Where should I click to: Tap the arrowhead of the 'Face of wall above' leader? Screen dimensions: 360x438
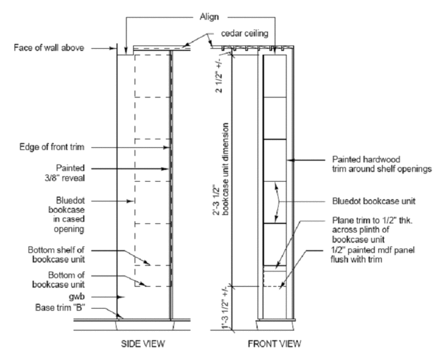(115, 48)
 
